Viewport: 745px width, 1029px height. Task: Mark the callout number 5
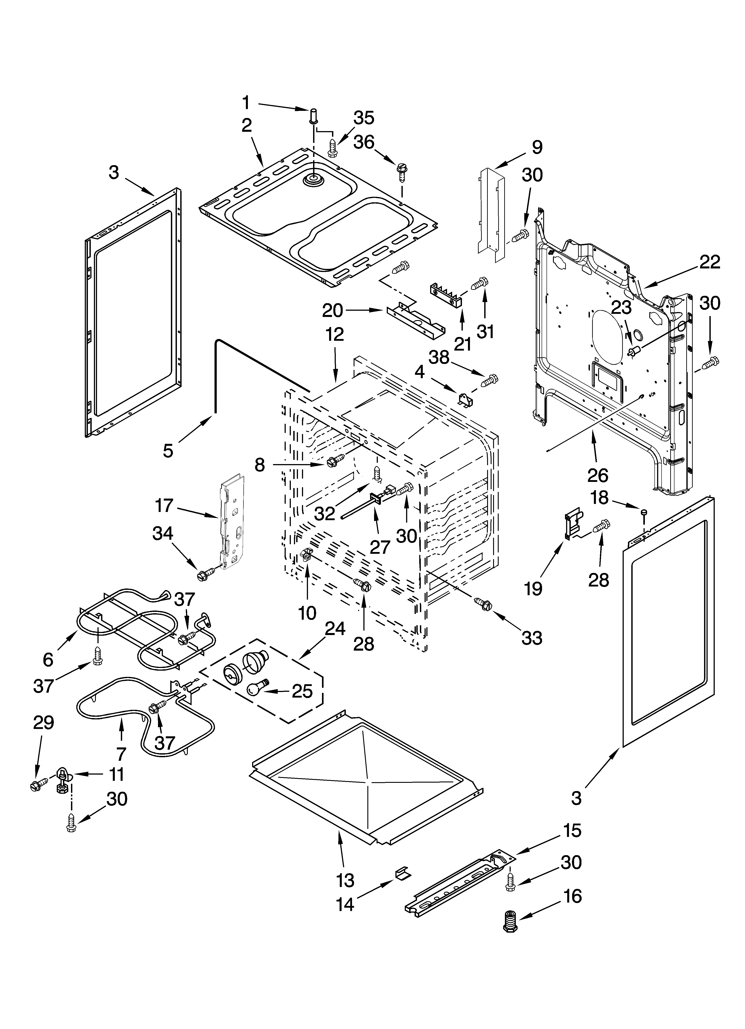pyautogui.click(x=168, y=451)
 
